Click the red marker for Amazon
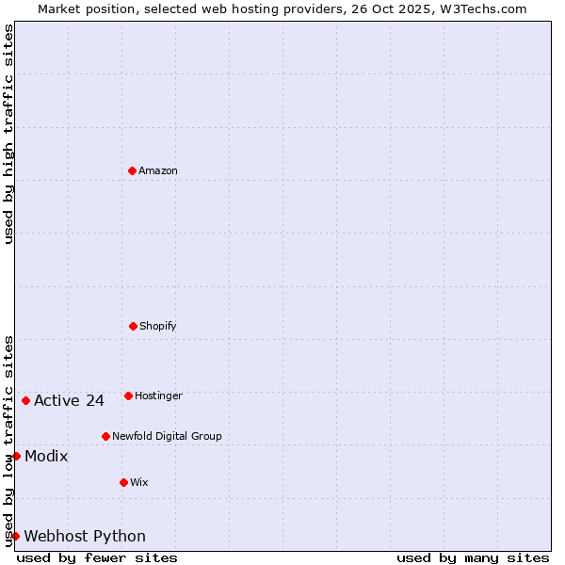coord(132,170)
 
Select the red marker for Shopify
coord(133,326)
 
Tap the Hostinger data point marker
coord(128,395)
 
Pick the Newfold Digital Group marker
coord(105,436)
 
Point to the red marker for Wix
coord(123,482)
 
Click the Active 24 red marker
coord(25,400)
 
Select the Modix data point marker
coord(16,456)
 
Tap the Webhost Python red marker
coord(15,536)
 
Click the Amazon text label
coord(158,170)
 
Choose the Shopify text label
coord(158,326)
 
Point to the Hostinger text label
coord(158,395)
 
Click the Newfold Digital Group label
coord(167,436)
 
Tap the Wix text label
coord(139,482)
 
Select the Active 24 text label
coord(69,400)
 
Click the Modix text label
coord(46,456)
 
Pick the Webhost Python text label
coord(85,536)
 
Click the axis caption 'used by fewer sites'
coord(97,557)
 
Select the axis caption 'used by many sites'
coord(473,557)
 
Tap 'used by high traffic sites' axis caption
coord(8,134)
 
